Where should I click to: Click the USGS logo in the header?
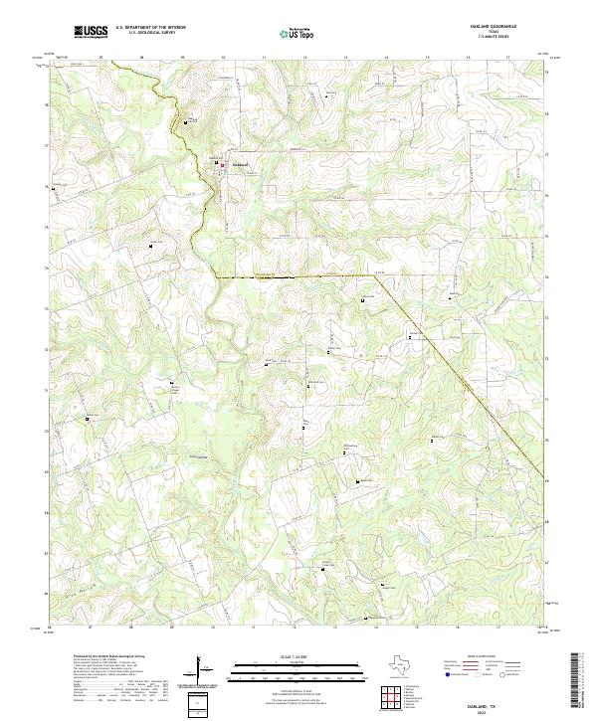point(91,33)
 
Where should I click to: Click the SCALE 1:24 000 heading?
point(298,655)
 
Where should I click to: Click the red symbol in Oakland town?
point(223,165)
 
